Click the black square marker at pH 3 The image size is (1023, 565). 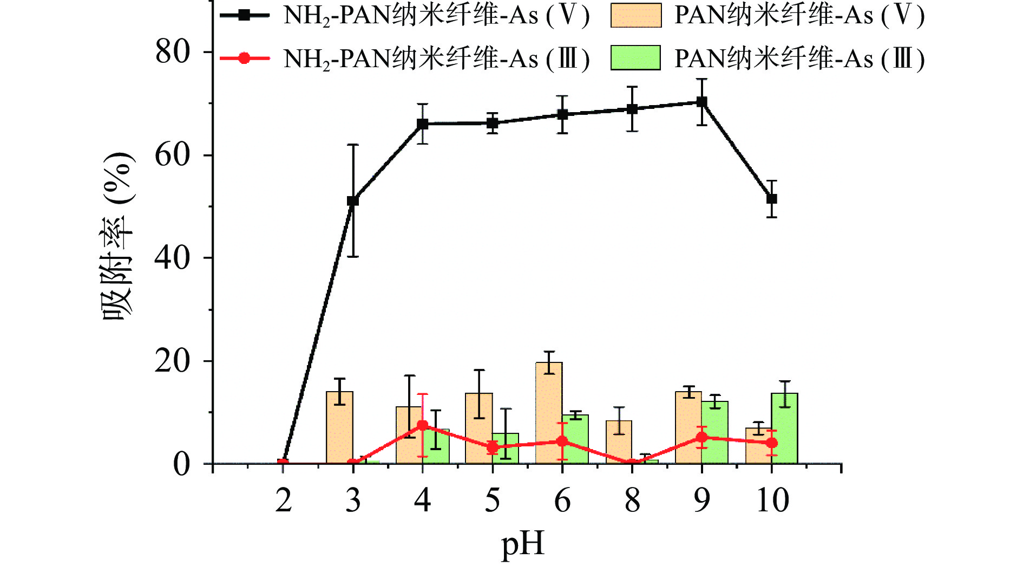[x=352, y=201]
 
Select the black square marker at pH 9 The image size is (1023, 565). [x=701, y=102]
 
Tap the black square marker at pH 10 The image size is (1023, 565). [x=772, y=199]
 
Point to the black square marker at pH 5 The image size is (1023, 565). [x=492, y=124]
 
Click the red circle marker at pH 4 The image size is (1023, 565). [x=423, y=426]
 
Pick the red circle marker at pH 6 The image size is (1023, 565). [x=562, y=441]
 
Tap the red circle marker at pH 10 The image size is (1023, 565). [x=772, y=443]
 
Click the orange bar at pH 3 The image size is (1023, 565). [x=339, y=427]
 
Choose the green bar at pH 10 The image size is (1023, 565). [x=785, y=428]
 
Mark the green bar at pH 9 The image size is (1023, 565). [x=715, y=432]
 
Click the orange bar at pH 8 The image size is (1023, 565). [x=619, y=442]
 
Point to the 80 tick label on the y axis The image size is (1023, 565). [x=173, y=53]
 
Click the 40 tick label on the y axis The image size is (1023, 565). [x=173, y=258]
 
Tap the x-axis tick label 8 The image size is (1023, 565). [x=632, y=501]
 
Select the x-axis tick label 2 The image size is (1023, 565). [x=283, y=501]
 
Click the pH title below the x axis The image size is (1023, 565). [x=522, y=544]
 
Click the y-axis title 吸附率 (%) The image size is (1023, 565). [x=117, y=236]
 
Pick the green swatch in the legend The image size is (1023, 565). [x=635, y=58]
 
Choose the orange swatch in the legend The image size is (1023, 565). [x=635, y=15]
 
